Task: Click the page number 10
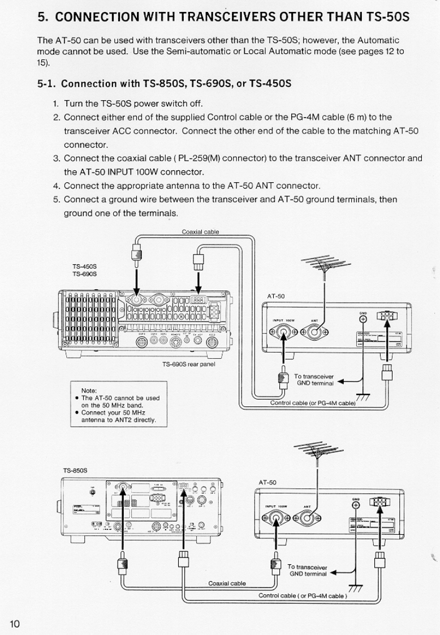click(14, 623)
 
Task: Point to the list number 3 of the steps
click(56, 158)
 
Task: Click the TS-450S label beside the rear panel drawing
click(84, 267)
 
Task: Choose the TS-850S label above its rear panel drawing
click(75, 469)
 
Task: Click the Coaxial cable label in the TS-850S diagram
click(226, 583)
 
